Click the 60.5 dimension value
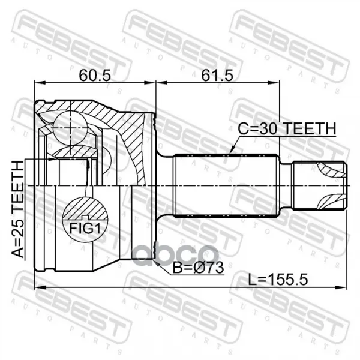click(x=95, y=76)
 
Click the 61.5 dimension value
click(x=217, y=76)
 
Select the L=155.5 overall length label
click(x=278, y=280)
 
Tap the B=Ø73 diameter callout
click(x=198, y=268)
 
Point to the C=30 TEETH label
click(x=287, y=128)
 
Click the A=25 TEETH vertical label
click(x=17, y=209)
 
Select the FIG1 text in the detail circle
click(x=85, y=229)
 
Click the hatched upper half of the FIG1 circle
click(x=85, y=208)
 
